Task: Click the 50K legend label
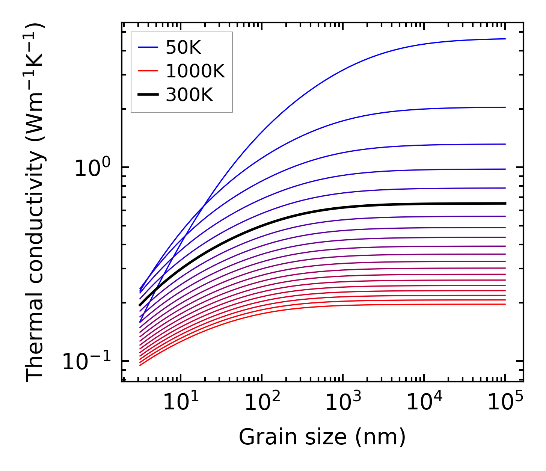point(183,48)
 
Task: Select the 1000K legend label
point(195,71)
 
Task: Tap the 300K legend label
point(189,95)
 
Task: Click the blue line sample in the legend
point(148,47)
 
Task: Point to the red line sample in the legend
point(148,71)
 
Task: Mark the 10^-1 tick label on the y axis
point(87,361)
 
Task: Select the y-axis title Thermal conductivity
point(36,202)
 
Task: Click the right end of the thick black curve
point(505,203)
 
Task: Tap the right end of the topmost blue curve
point(505,39)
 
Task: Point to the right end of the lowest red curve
point(505,304)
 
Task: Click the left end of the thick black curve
point(140,305)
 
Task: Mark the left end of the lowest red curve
point(140,365)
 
